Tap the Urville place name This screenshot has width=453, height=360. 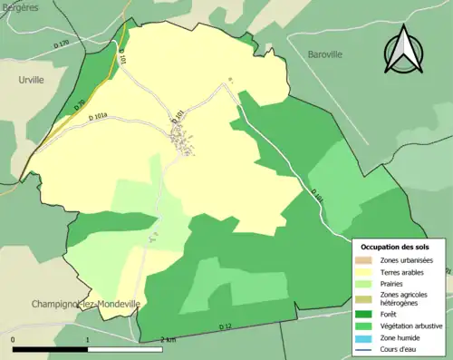32,80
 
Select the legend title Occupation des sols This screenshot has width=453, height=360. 395,246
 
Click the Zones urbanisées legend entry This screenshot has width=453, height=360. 407,260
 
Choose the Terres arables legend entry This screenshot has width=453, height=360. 401,271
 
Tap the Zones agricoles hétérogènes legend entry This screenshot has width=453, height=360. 403,298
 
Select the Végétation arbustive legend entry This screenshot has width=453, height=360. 410,326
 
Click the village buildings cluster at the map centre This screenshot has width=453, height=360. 185,139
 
